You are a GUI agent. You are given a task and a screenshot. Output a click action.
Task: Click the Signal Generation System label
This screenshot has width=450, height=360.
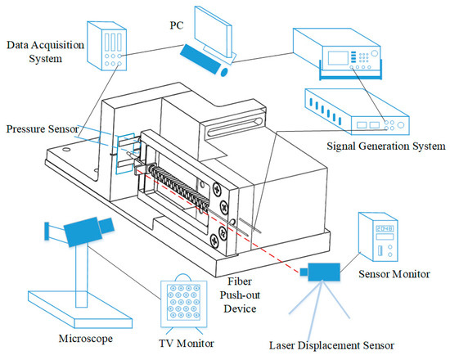(385, 146)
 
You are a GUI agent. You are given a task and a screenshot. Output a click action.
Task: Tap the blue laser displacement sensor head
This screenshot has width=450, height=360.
(322, 271)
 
